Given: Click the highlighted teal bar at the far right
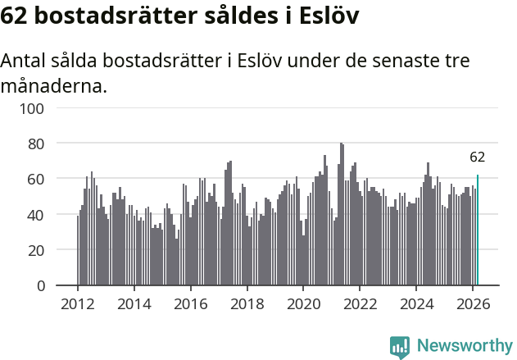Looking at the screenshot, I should pos(478,230).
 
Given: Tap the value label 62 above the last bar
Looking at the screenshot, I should pos(478,157).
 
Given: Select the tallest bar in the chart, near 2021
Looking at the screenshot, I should pos(341,214).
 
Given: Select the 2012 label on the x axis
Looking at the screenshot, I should pos(78,303).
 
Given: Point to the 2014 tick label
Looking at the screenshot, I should pos(134,303).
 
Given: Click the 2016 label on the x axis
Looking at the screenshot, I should pos(191,303).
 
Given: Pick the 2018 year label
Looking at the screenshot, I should pos(247,303).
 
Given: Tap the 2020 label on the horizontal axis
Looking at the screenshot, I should pos(303,303).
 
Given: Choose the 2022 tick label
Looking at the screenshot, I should pos(360,303).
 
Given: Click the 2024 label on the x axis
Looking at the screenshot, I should pos(416,303).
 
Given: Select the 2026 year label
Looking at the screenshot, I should pos(473,303).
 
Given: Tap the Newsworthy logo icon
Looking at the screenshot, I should pos(400,347).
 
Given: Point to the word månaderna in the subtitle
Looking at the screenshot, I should pos(54,85).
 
